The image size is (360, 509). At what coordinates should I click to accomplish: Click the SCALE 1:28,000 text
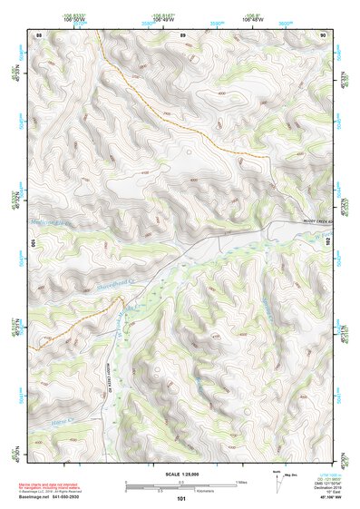181,473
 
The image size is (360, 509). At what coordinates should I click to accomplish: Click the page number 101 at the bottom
181,498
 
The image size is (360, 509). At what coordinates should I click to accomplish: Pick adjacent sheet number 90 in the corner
324,34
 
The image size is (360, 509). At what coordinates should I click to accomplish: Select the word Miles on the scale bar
240,481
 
